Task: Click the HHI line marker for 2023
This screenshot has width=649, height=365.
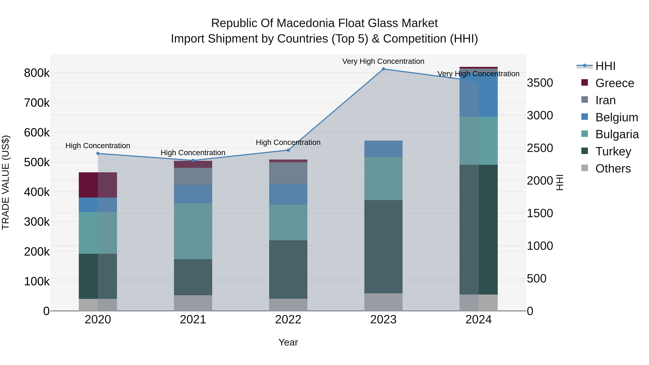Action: pos(383,69)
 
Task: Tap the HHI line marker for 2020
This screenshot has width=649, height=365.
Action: pos(98,153)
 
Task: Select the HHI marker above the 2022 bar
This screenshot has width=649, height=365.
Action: pos(288,150)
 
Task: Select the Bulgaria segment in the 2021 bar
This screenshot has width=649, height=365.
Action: pos(193,231)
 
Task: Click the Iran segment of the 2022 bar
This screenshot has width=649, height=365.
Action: pos(288,173)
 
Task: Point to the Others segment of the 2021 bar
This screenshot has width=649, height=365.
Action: pos(193,303)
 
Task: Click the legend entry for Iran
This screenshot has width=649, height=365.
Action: pos(605,100)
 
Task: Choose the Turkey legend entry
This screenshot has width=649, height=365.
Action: pos(613,151)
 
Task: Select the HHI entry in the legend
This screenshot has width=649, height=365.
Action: pos(605,66)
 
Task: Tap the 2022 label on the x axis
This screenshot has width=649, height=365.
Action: pos(288,319)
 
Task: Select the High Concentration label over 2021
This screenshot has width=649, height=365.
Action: pos(193,153)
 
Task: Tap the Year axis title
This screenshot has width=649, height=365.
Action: pos(288,342)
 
